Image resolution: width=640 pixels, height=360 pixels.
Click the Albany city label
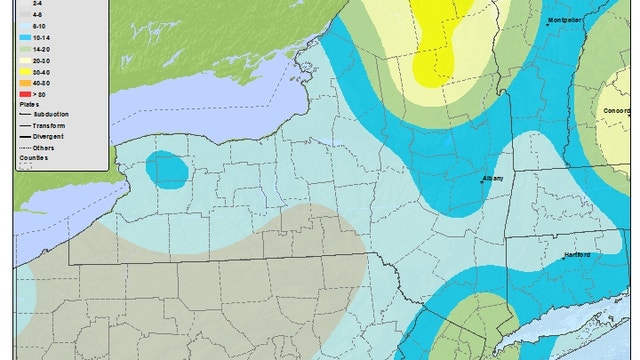(x=494, y=178)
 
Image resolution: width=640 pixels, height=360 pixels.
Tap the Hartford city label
(x=575, y=255)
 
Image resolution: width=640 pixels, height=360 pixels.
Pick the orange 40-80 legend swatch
(x=24, y=82)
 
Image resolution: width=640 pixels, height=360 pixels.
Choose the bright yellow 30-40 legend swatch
(x=24, y=73)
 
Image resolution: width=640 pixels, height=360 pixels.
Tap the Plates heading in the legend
(x=26, y=102)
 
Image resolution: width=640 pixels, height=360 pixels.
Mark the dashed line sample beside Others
(x=26, y=148)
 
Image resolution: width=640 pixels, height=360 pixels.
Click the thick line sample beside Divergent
(x=26, y=137)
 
